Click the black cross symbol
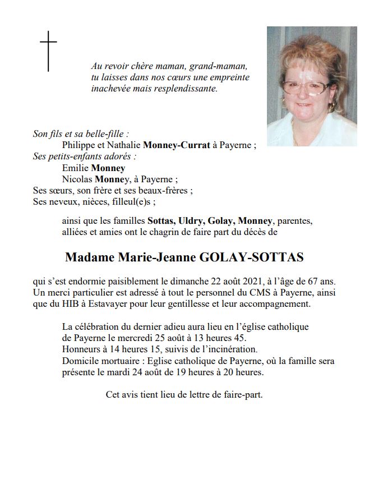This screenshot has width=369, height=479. coord(48,51)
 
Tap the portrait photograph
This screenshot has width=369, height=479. coord(311,86)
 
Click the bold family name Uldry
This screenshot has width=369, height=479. coord(191,219)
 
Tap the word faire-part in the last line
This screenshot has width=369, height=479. coord(242,394)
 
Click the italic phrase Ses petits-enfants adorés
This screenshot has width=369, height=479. coord(84,156)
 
